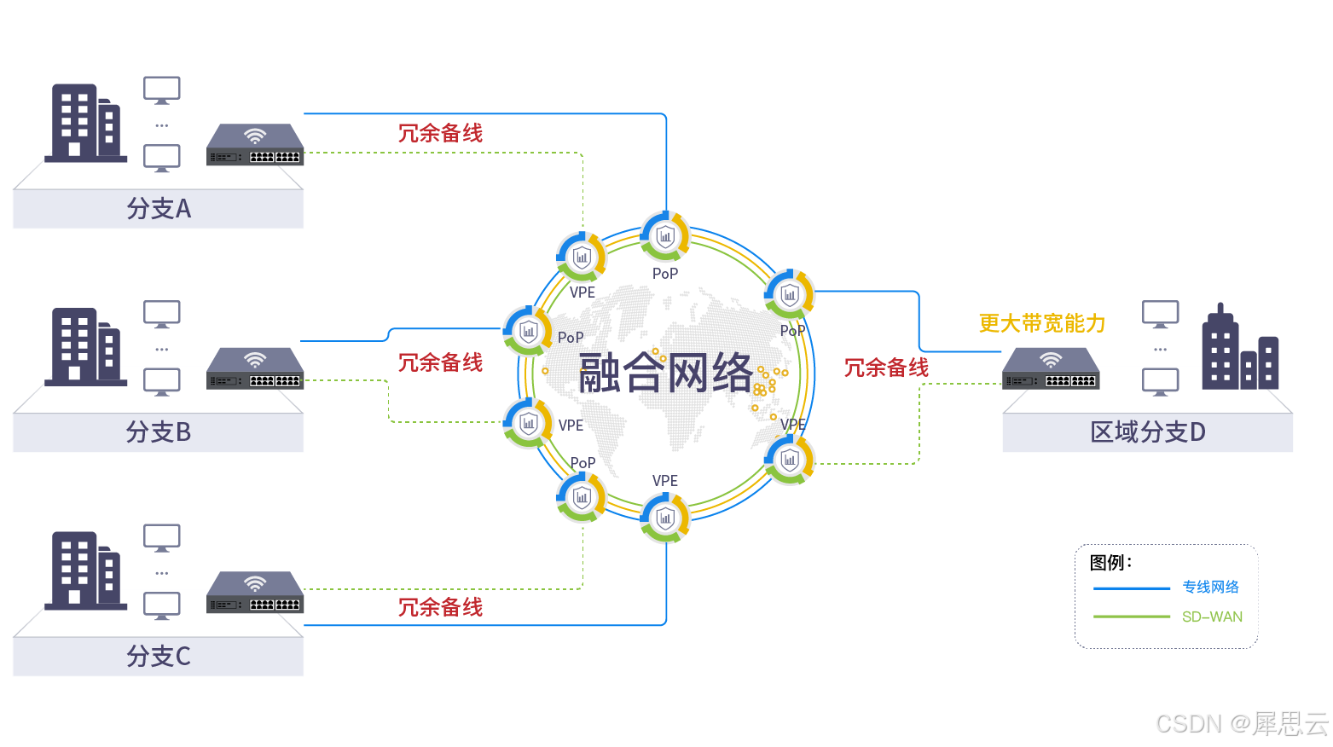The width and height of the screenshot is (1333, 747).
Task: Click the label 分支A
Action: tap(159, 209)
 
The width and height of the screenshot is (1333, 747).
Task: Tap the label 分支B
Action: tap(159, 432)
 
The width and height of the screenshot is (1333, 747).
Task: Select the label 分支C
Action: tap(159, 657)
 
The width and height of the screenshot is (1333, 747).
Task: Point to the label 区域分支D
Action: tap(1148, 432)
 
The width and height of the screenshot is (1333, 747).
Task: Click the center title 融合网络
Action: tap(665, 373)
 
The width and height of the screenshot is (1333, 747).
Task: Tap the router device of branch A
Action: tap(255, 145)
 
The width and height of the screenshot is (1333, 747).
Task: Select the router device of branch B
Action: tap(255, 368)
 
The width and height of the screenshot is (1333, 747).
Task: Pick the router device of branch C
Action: tap(255, 592)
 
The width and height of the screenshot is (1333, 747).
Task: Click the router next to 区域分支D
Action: tap(1051, 368)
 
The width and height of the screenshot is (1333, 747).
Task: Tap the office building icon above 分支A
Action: tap(85, 123)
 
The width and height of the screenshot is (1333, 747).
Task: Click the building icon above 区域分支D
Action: tap(1239, 350)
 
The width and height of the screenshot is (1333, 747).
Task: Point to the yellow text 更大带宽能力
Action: tap(1042, 324)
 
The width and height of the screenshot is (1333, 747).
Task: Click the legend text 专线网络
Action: tap(1210, 587)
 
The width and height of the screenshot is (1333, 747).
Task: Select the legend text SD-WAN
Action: tap(1212, 617)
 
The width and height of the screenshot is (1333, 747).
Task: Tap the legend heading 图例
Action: tap(1110, 563)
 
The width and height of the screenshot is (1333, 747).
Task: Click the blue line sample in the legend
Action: tap(1131, 588)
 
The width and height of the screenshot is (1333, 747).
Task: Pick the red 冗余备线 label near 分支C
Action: tap(440, 607)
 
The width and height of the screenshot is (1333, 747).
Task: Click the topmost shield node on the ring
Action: tap(665, 235)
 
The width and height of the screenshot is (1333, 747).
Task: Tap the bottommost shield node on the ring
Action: tap(665, 518)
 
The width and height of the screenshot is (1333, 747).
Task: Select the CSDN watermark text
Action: tap(1241, 724)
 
